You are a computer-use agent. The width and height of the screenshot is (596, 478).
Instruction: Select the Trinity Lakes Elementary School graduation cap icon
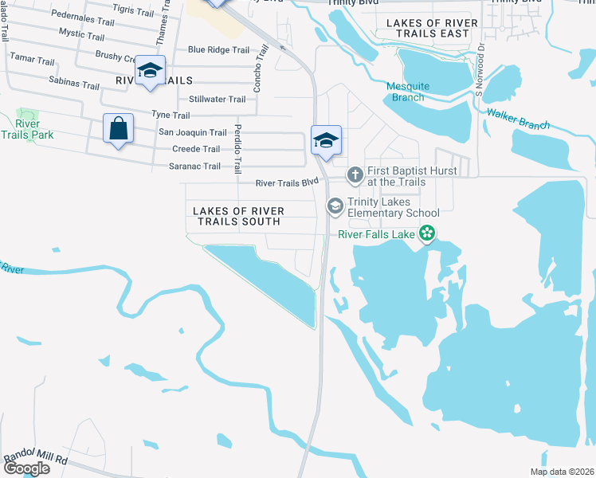tap(335, 206)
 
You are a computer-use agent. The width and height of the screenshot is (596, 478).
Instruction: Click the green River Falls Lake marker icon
tap(427, 233)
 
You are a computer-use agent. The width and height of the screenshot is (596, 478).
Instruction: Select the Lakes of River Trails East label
tap(433, 29)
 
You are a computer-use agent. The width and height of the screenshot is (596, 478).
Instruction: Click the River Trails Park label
tap(27, 129)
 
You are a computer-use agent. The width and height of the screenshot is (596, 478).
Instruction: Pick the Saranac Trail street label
tap(194, 167)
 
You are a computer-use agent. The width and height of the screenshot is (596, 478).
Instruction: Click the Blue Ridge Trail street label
tap(219, 49)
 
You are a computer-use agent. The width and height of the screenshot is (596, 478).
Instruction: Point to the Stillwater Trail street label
tap(218, 99)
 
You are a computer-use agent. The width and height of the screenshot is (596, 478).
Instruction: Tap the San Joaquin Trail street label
tap(193, 132)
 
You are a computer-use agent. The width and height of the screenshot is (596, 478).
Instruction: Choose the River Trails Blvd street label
tap(287, 182)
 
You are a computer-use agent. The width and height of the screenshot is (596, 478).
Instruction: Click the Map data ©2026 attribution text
tap(561, 472)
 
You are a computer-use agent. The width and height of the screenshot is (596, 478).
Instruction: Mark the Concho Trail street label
tap(257, 68)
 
